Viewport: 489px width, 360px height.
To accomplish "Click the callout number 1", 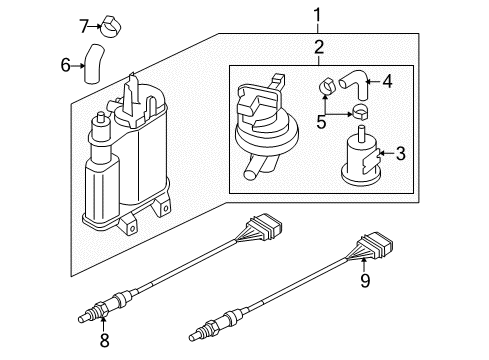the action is point(317,15).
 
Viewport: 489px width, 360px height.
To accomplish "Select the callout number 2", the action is point(319,47).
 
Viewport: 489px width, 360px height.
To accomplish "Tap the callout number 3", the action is point(400,153).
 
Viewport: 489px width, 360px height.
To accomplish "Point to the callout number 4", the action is point(387,81).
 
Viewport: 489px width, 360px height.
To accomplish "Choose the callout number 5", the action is point(321,122).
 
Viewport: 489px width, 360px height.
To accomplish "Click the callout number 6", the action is point(65,65).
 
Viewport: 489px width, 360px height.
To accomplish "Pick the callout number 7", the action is point(84,26).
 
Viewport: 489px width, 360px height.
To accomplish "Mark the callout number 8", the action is point(104,340).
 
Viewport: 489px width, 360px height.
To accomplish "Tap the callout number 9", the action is point(365,281).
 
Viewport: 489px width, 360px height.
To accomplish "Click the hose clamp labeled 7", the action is point(111,26).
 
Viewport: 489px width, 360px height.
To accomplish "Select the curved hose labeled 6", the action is point(93,64).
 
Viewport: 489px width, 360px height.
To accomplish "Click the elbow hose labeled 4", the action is point(356,83).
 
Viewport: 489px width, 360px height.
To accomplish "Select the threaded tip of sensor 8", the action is point(87,317).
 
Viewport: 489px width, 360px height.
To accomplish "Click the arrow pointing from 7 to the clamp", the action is point(94,26).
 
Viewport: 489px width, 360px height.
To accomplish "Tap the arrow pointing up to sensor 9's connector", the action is point(364,266).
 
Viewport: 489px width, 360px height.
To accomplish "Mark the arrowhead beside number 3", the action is point(382,153).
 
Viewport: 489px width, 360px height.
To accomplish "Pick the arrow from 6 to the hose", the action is point(78,66).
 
